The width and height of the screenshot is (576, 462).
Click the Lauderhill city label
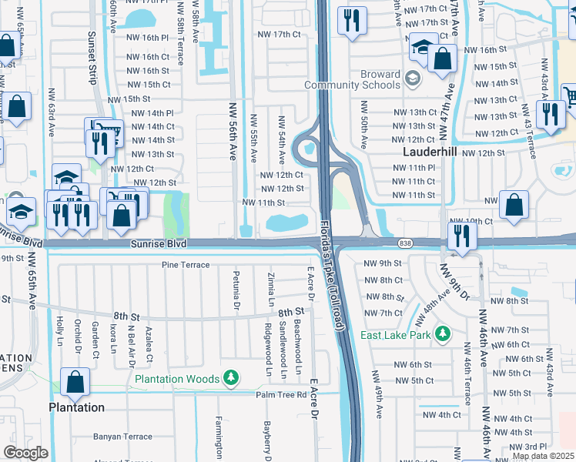click(x=430, y=152)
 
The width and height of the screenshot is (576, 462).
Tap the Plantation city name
click(x=76, y=407)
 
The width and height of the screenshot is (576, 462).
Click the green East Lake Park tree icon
click(x=442, y=334)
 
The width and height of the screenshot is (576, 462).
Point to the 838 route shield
click(x=405, y=243)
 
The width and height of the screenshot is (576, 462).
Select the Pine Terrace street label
click(x=186, y=265)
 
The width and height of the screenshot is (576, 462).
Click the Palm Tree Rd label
click(x=282, y=395)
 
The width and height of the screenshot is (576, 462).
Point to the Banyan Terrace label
click(x=122, y=437)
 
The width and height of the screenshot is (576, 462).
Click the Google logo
click(x=25, y=453)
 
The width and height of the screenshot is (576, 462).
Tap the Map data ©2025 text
click(x=542, y=456)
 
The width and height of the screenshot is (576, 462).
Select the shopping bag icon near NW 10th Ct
click(x=514, y=205)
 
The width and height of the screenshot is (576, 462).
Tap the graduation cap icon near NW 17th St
click(x=423, y=48)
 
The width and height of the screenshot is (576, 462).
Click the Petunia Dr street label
click(x=236, y=290)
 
